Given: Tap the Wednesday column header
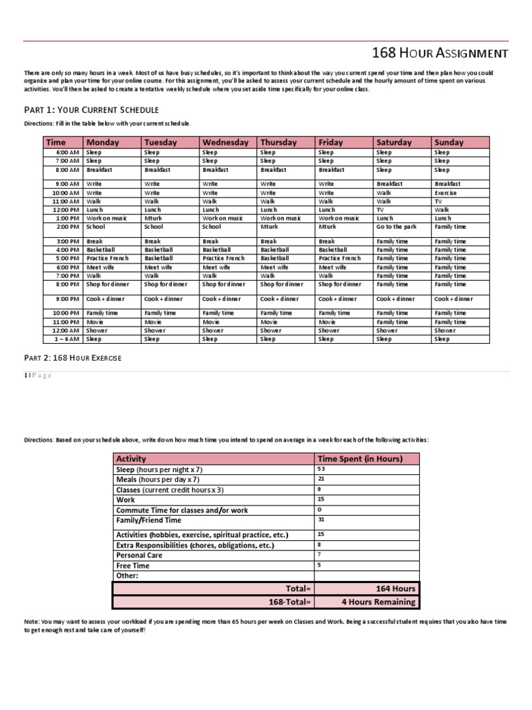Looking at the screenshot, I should (225, 142).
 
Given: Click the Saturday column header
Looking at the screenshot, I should (393, 142).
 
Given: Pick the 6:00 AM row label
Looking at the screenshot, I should (68, 153).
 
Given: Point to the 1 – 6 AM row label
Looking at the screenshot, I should (66, 339).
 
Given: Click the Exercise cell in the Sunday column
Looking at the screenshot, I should (445, 193).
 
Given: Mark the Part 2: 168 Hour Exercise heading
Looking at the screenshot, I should (73, 358).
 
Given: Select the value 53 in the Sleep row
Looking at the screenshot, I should (321, 469).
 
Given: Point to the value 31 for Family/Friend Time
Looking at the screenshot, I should (321, 519).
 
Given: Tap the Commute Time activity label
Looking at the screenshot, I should (181, 510).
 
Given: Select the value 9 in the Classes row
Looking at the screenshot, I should (319, 489).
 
